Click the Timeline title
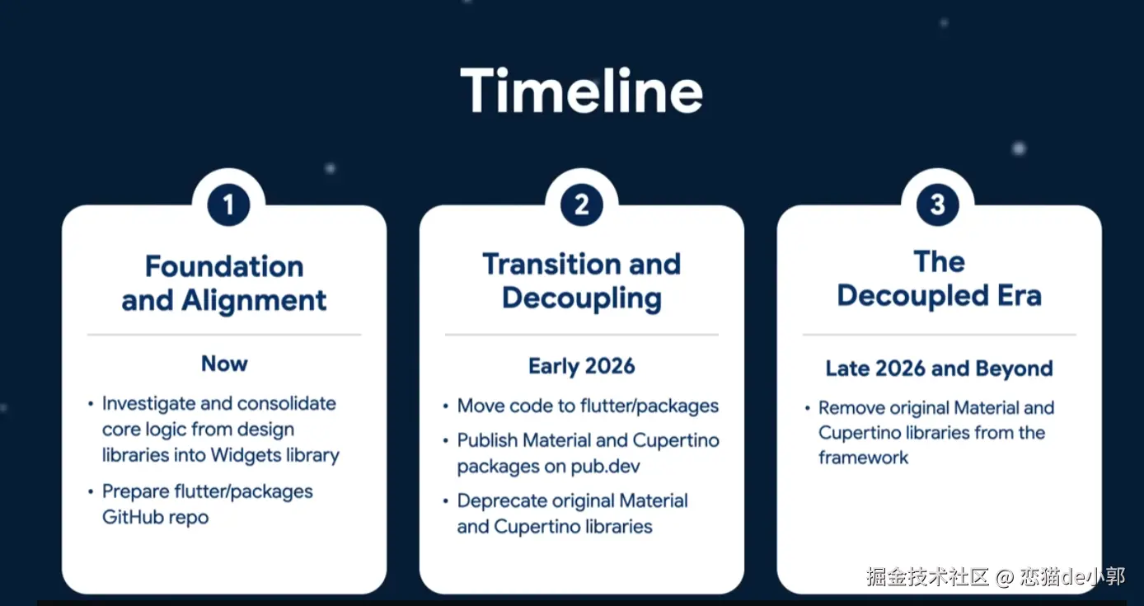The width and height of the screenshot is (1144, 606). [582, 91]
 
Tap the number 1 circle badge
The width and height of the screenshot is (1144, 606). [228, 205]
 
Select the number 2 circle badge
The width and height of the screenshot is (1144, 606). [582, 205]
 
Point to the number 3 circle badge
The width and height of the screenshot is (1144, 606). [938, 205]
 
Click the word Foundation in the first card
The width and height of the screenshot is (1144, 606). [224, 266]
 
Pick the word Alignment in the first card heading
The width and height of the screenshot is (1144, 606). [254, 300]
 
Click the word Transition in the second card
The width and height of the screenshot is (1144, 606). [550, 264]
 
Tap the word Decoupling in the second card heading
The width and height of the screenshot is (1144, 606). [582, 298]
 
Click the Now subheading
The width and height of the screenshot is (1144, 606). [224, 364]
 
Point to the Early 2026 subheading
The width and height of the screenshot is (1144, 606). [582, 366]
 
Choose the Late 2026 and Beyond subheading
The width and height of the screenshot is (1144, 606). [940, 369]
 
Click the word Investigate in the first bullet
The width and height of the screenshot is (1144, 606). [148, 404]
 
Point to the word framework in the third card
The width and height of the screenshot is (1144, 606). [863, 458]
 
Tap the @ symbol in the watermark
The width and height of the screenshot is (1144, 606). [1004, 577]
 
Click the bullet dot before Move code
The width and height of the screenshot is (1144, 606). [445, 406]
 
